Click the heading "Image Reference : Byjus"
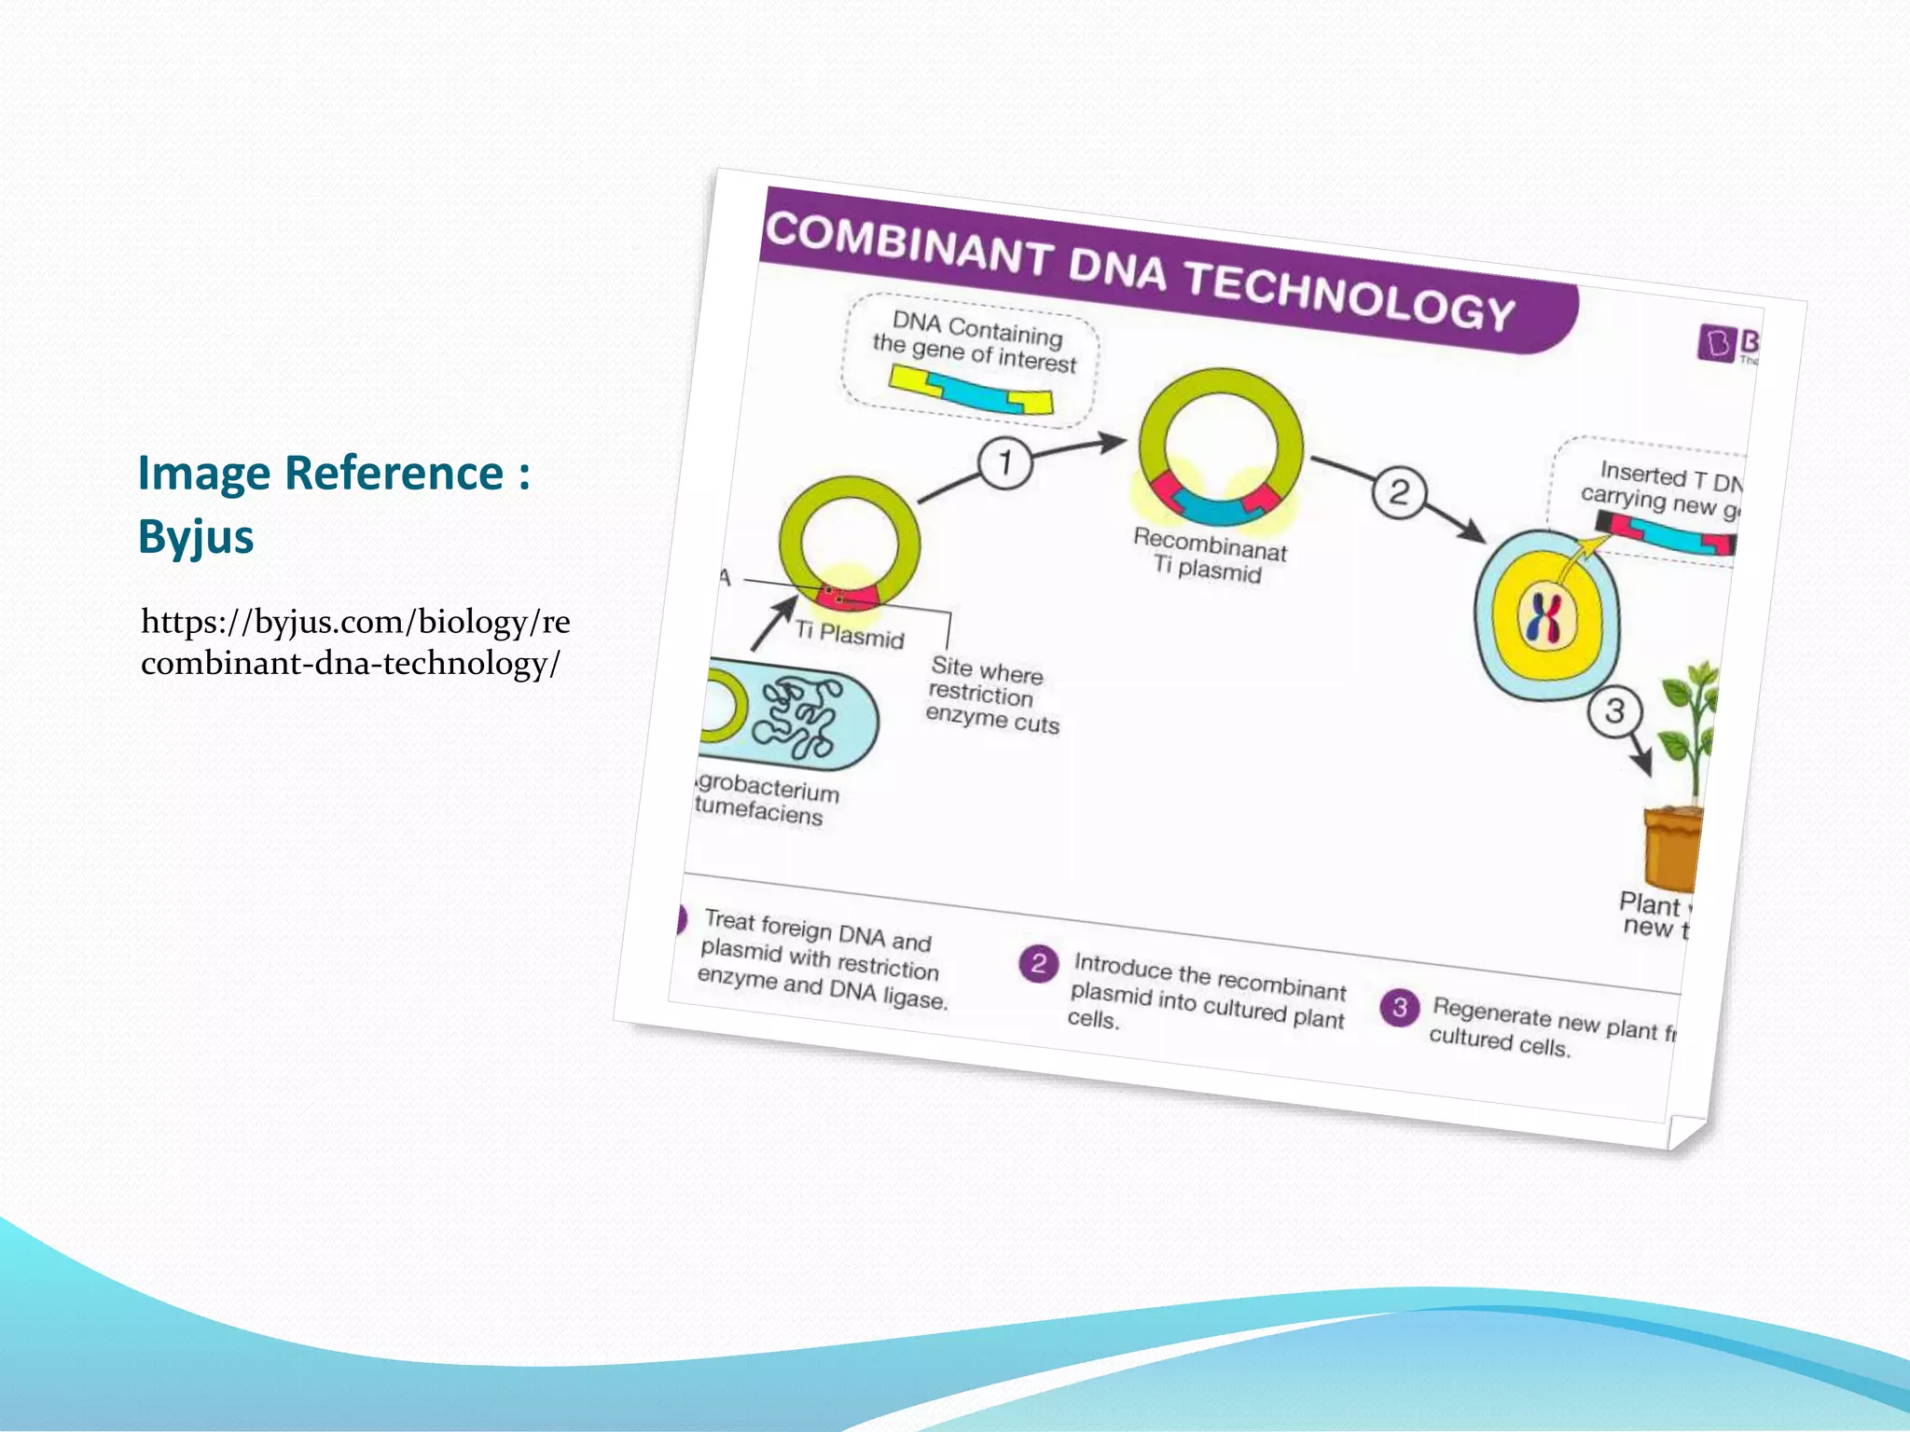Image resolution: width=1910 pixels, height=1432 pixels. click(x=334, y=503)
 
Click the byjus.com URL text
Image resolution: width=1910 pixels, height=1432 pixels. click(x=354, y=641)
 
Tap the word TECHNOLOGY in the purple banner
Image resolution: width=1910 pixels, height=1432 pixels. click(x=1349, y=295)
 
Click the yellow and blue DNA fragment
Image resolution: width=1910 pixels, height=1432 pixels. click(x=971, y=391)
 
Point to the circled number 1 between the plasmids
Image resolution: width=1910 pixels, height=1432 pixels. click(x=1004, y=462)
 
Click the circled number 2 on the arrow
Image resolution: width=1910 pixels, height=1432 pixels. click(x=1398, y=492)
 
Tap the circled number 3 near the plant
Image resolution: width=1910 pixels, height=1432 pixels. click(x=1614, y=711)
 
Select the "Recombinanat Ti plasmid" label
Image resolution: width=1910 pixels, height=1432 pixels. click(x=1209, y=554)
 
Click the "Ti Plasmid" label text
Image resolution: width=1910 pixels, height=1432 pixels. click(x=850, y=635)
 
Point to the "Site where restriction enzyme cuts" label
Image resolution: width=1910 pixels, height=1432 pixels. click(x=992, y=695)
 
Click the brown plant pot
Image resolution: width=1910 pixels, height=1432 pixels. click(x=1672, y=847)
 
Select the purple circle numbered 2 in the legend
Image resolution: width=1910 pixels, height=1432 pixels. click(x=1038, y=964)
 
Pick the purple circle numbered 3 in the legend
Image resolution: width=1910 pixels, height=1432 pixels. click(x=1399, y=1008)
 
